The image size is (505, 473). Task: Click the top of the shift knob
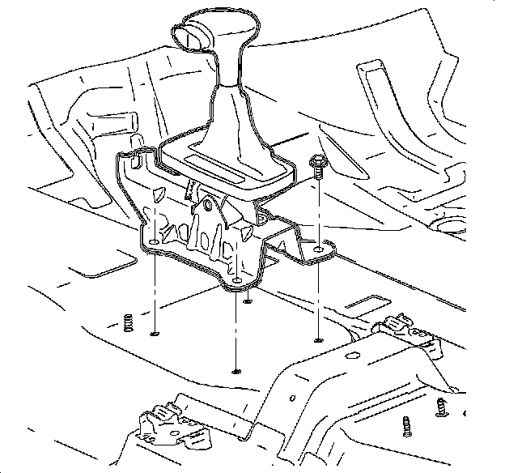coord(212,18)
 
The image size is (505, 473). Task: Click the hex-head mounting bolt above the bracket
coord(318,164)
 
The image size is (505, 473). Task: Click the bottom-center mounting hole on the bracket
coord(236,283)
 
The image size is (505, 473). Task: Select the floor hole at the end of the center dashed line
coord(236,371)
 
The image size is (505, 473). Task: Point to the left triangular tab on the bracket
coord(159,194)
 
